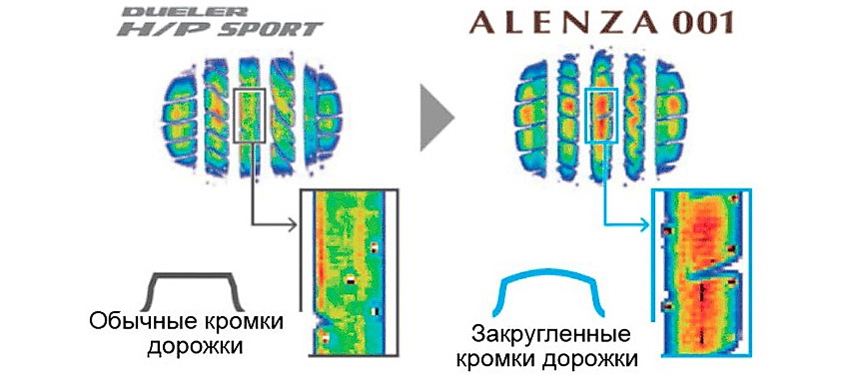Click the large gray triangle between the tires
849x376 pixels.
[434, 117]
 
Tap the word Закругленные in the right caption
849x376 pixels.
[551, 335]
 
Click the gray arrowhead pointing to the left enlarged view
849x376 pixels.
[293, 224]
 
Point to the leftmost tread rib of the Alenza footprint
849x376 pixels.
[531, 113]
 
